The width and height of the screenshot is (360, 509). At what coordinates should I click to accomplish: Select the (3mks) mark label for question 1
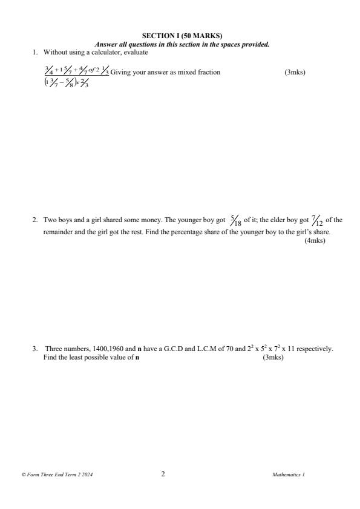[x=295, y=73]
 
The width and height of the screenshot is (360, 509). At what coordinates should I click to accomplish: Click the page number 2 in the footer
[x=163, y=474]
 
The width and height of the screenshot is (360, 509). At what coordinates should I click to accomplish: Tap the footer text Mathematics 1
[x=289, y=475]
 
